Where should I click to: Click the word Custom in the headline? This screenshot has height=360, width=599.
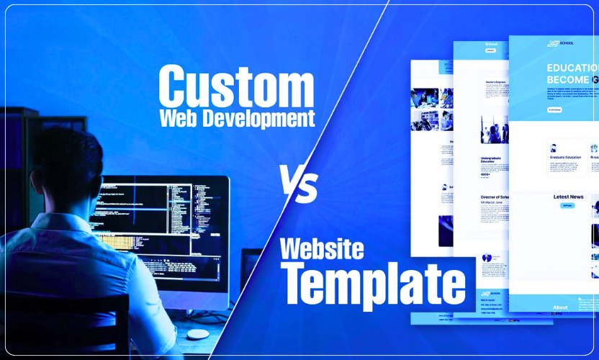236,86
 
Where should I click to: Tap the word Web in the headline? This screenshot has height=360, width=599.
177,117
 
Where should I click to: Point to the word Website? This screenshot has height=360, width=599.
322,249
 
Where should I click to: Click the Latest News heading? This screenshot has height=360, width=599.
568,197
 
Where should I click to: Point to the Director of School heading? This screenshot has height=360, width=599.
497,197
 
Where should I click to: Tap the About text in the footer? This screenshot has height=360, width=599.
559,307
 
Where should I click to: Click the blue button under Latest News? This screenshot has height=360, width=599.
568,206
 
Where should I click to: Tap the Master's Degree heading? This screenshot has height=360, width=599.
497,82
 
